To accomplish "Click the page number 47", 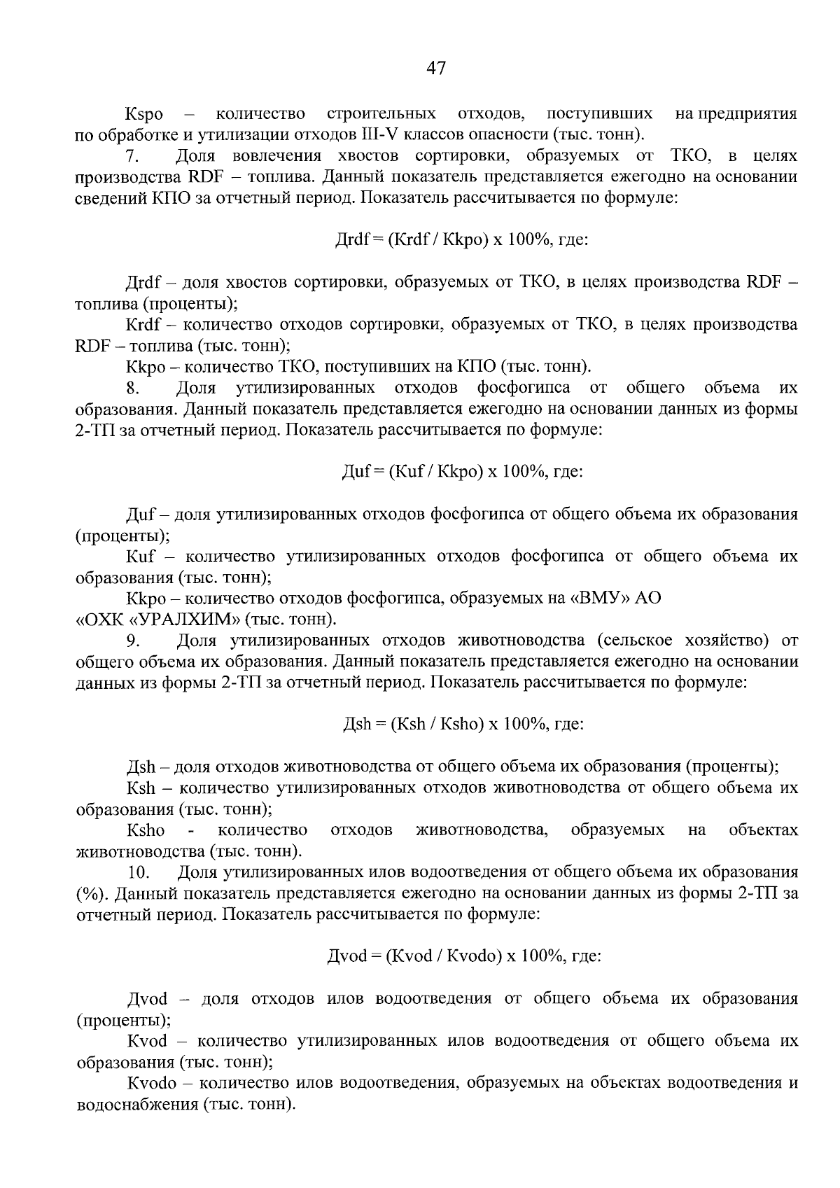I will (x=435, y=68).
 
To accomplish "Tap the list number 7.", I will (x=132, y=156).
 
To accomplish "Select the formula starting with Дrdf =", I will (x=462, y=240).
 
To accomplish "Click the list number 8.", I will (x=134, y=388).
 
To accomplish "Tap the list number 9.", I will (x=134, y=641).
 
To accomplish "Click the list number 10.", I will (x=139, y=872).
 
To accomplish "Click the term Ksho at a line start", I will (x=146, y=830).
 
